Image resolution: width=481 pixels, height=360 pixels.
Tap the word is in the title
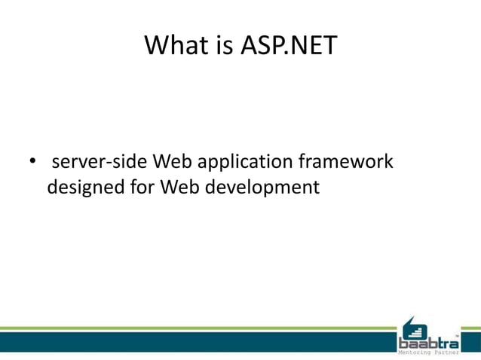click(223, 46)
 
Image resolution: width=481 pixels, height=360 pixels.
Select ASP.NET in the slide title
click(289, 46)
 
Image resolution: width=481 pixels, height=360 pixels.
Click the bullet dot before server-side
click(32, 162)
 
